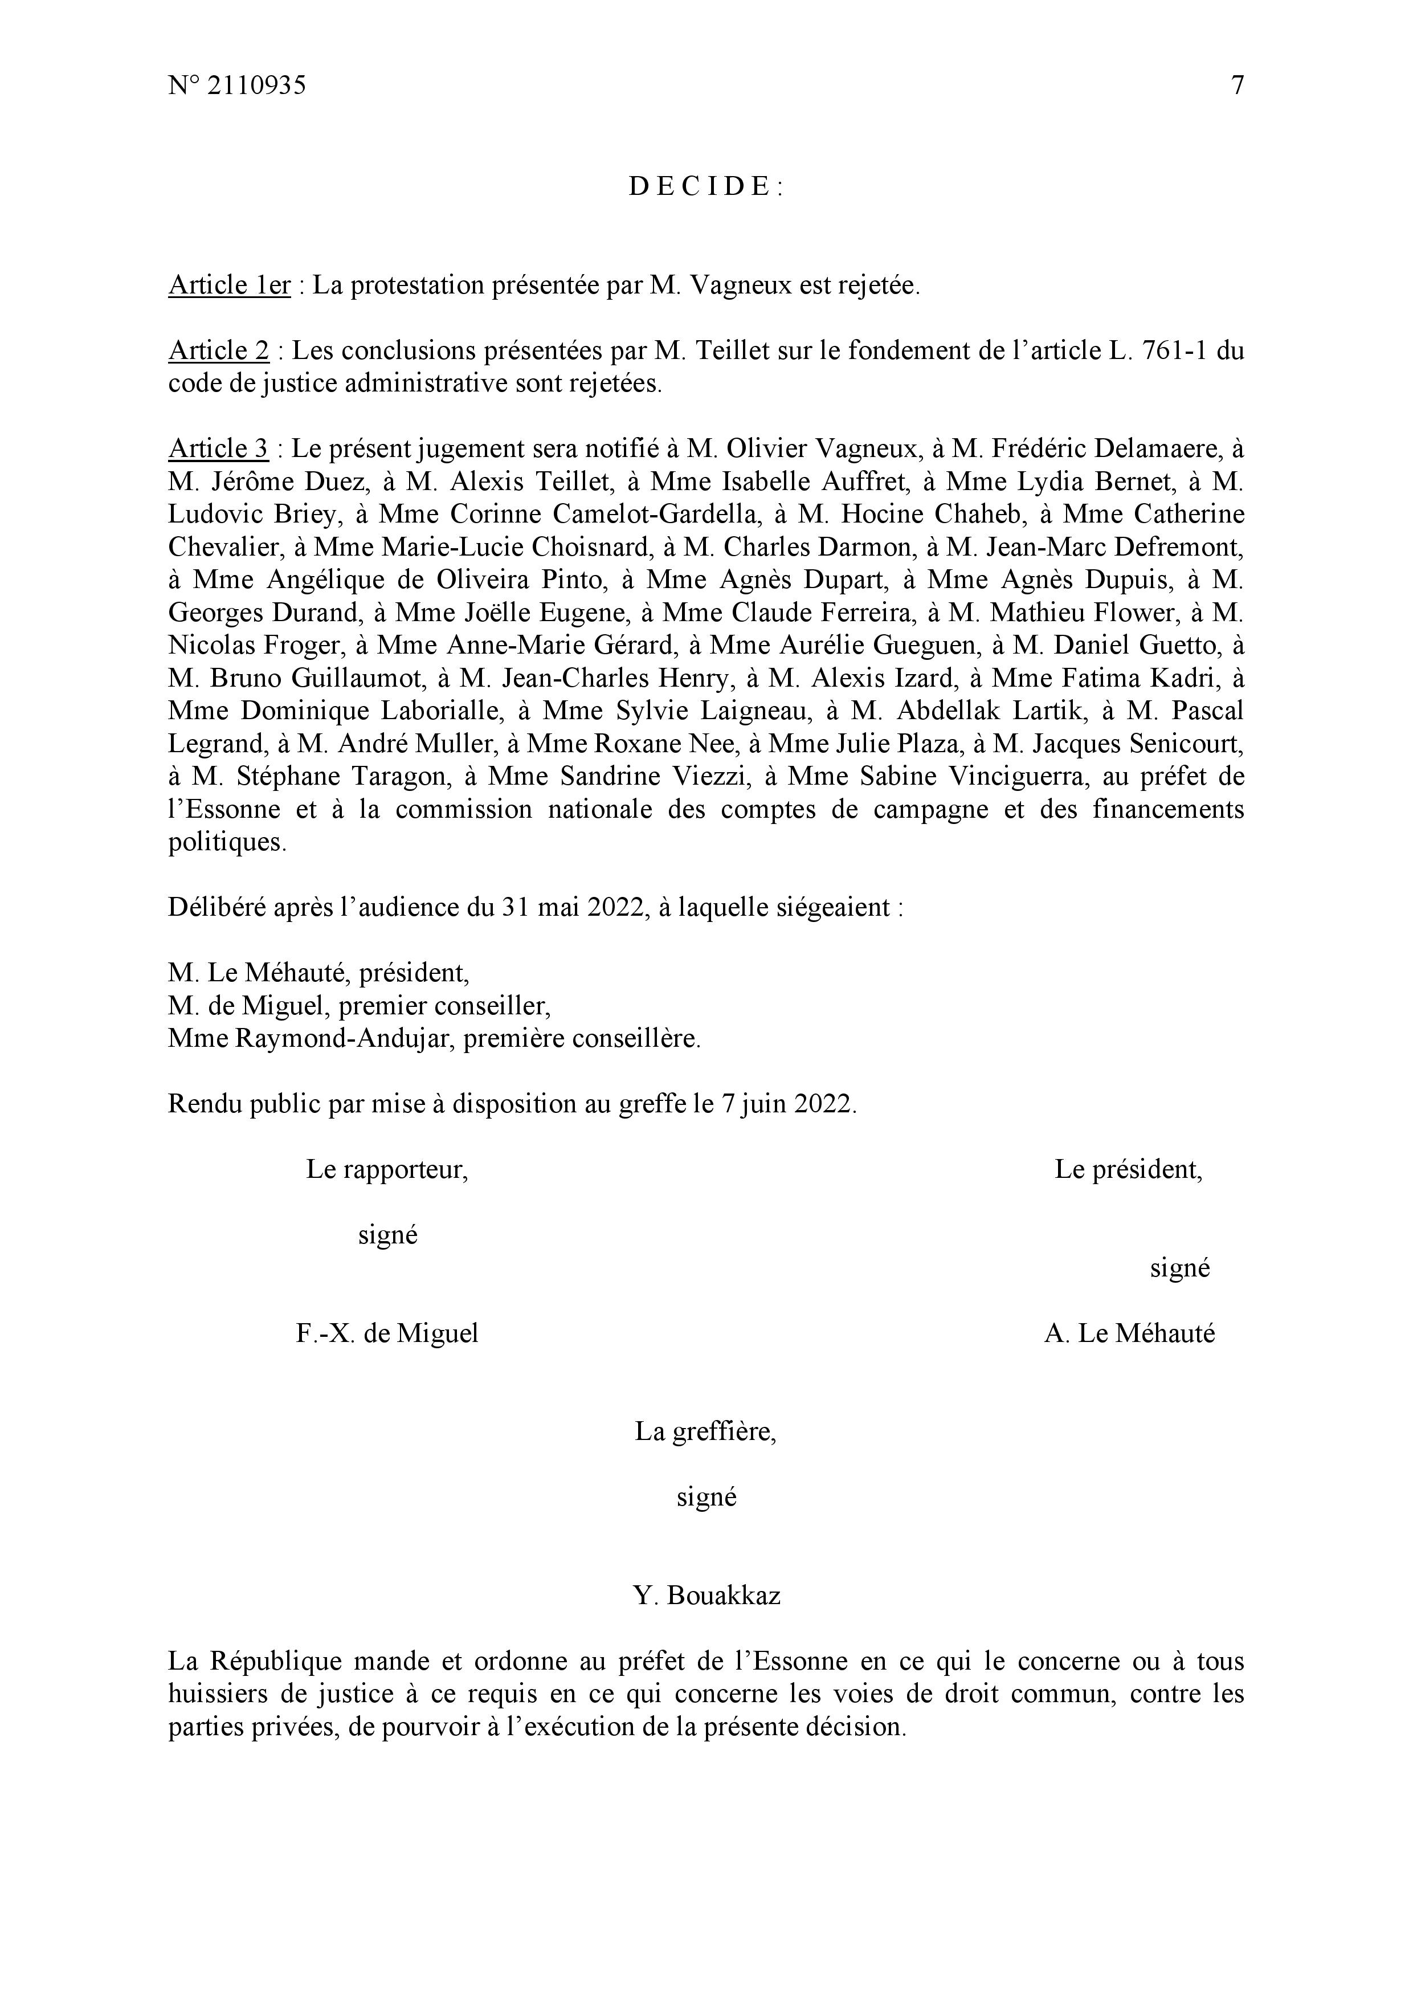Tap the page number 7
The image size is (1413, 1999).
coord(1237,85)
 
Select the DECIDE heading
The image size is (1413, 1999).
coord(706,186)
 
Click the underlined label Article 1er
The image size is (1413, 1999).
coord(229,285)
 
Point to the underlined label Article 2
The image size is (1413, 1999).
coord(219,351)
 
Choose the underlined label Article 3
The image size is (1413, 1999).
coord(219,449)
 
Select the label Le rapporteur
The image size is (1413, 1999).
coord(386,1170)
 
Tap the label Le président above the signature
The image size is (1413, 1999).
coord(1128,1170)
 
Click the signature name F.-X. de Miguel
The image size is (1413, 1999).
coord(386,1334)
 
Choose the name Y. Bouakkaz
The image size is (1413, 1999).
coord(706,1596)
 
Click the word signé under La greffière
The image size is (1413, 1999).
coord(706,1498)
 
